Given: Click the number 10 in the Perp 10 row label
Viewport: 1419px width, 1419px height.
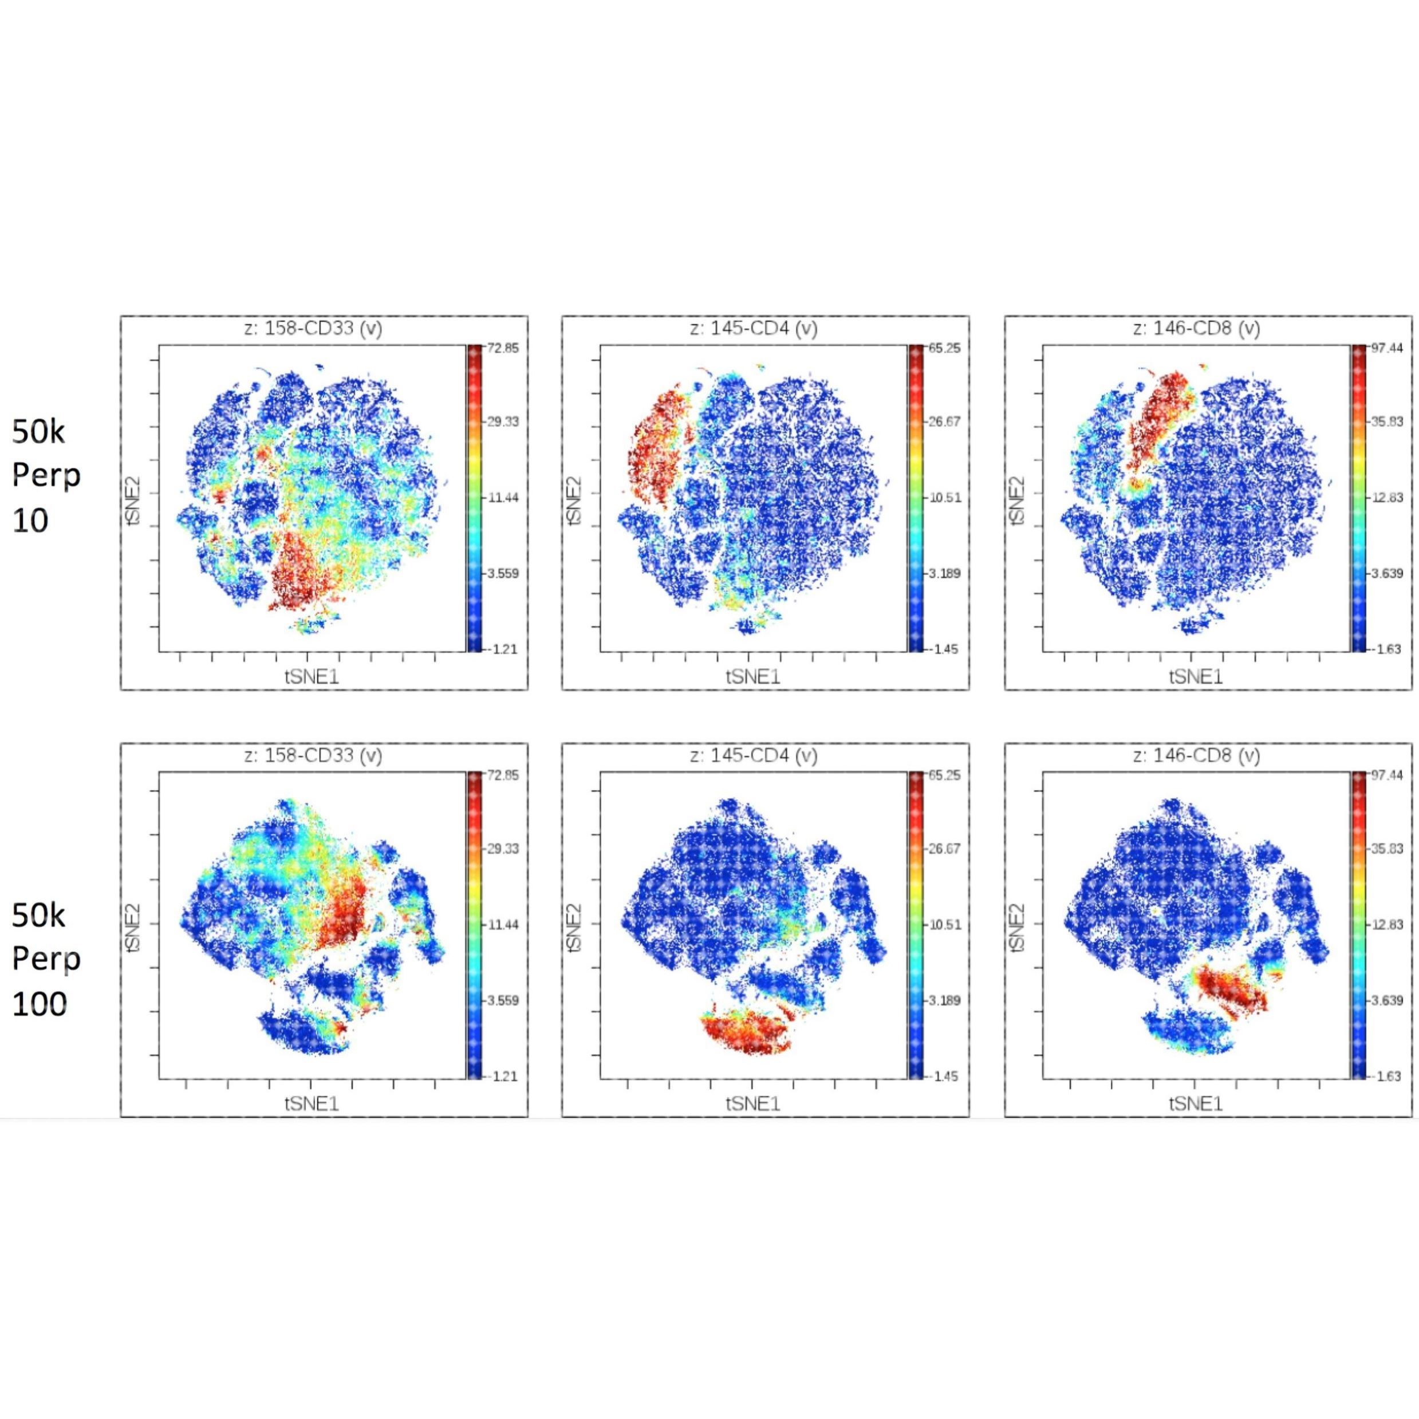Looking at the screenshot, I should tap(30, 520).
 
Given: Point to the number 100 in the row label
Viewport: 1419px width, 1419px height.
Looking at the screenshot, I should tap(40, 1003).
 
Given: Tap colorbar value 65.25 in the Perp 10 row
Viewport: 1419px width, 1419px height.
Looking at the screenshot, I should tap(944, 348).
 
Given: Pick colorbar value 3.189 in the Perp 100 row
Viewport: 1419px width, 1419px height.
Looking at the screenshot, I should tap(944, 1000).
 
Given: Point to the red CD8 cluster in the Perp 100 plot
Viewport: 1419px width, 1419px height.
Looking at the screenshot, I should tap(1230, 988).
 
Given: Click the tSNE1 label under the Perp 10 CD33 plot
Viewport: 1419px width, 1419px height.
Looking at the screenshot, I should tap(312, 676).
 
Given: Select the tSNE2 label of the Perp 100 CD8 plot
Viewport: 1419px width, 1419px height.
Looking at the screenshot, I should tap(1017, 927).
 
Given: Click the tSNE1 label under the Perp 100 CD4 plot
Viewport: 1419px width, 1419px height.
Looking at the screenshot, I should tap(754, 1104).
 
